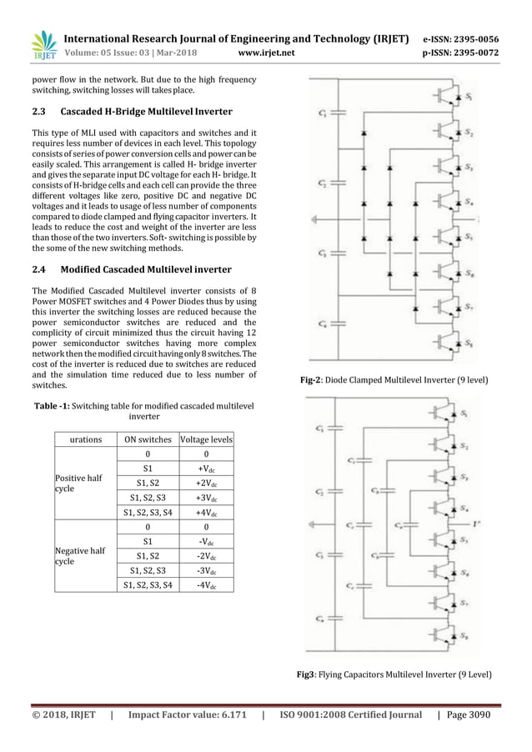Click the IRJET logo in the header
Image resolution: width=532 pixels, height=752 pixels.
[x=43, y=46]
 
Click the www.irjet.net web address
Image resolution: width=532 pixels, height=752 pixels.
[x=266, y=53]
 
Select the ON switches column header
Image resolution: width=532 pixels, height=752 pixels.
[x=148, y=439]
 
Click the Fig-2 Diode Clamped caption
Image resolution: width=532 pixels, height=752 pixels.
[x=394, y=380]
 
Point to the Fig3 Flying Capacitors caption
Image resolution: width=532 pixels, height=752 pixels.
[x=394, y=674]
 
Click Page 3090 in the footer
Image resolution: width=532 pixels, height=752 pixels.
[x=469, y=714]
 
